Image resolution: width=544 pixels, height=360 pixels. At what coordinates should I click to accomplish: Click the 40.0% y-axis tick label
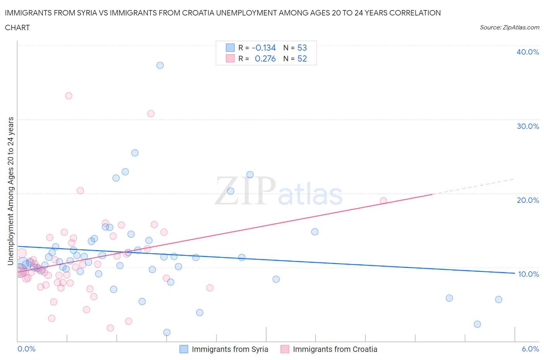click(x=528, y=52)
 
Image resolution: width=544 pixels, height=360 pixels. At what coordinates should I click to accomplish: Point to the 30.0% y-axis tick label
click(x=528, y=126)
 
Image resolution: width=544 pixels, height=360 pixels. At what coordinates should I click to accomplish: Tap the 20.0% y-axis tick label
click(x=528, y=200)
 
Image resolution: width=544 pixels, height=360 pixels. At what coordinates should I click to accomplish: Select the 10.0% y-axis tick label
click(x=529, y=274)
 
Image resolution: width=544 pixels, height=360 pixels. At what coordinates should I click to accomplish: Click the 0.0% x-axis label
click(x=27, y=349)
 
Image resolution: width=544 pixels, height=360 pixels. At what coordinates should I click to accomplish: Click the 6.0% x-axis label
click(x=530, y=349)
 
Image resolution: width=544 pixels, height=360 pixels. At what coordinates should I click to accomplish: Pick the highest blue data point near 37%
click(x=160, y=65)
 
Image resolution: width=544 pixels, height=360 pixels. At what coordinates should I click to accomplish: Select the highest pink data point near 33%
click(x=68, y=96)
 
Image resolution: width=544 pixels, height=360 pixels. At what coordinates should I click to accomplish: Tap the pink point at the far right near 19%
click(x=383, y=201)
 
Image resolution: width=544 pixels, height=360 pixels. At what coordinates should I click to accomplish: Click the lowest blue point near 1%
click(x=167, y=332)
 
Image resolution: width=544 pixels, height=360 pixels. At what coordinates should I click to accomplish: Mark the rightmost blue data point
click(x=498, y=299)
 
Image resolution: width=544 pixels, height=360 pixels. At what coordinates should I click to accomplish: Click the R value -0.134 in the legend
click(x=263, y=48)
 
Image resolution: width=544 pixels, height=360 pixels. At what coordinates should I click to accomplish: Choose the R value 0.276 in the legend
click(x=265, y=58)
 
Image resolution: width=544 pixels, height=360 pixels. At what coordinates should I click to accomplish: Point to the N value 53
click(x=302, y=48)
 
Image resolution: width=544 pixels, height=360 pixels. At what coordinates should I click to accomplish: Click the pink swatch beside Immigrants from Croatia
click(x=285, y=349)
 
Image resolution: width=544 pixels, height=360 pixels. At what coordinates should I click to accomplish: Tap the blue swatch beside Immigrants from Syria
click(x=184, y=349)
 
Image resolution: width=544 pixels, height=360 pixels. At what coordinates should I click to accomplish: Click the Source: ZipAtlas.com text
click(x=509, y=27)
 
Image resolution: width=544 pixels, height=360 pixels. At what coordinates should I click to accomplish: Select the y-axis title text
click(x=11, y=191)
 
